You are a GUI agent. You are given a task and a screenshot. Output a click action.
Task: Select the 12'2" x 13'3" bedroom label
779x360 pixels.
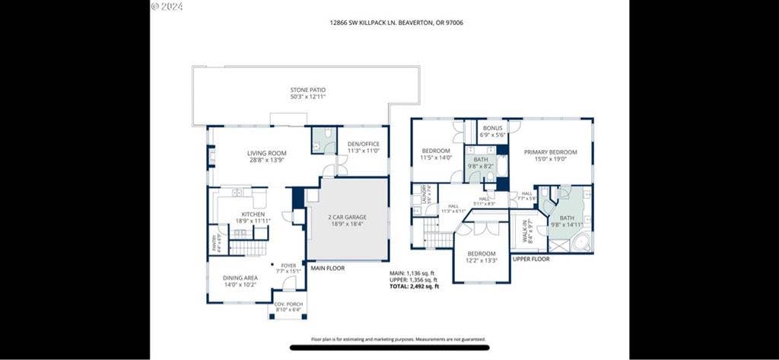click(x=482, y=257)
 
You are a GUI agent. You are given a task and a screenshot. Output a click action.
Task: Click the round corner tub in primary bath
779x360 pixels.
click(x=580, y=243)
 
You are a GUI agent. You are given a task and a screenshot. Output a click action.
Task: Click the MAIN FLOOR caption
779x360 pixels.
click(x=328, y=267)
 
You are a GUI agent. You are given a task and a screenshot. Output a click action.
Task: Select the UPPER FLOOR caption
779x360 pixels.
click(x=530, y=259)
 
